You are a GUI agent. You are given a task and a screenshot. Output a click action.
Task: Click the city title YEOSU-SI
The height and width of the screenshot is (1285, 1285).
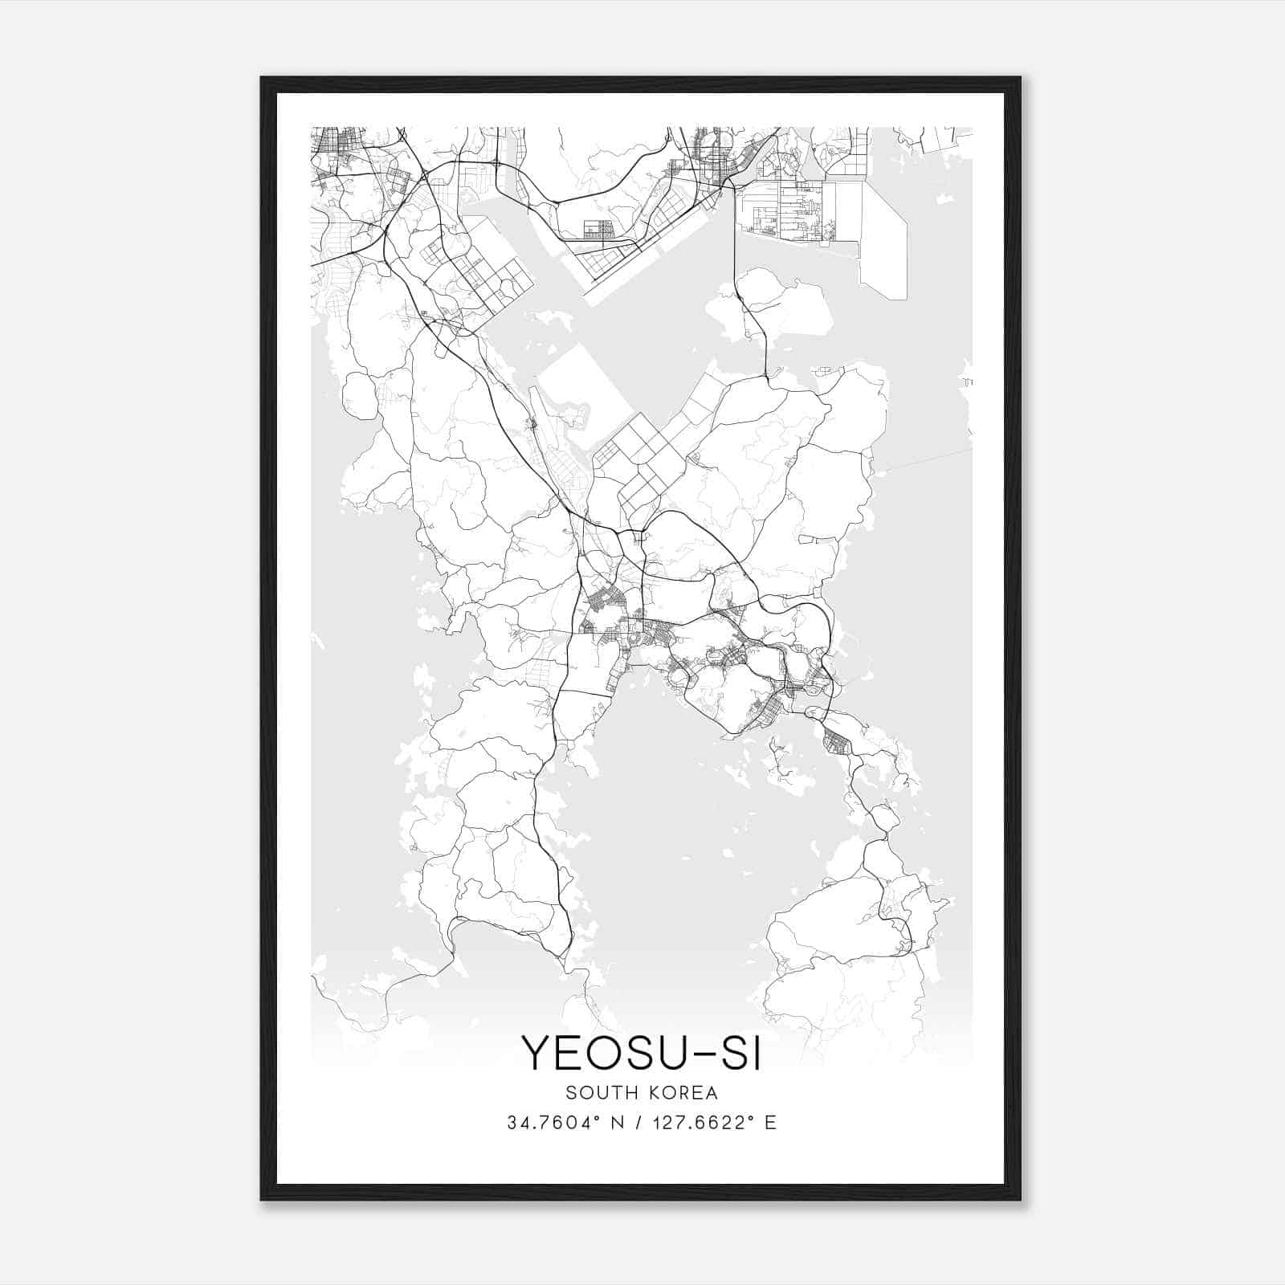(x=641, y=1052)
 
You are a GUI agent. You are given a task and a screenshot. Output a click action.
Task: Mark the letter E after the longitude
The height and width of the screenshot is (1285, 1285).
(x=771, y=1123)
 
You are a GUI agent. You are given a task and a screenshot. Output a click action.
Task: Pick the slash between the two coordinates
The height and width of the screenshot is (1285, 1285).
(x=639, y=1123)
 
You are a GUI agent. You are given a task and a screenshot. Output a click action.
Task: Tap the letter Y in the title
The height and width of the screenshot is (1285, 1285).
(x=536, y=1052)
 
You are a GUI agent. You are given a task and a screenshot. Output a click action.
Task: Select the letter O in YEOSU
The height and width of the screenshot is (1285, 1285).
(x=609, y=1052)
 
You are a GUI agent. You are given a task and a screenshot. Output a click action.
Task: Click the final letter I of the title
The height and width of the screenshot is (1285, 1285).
(x=755, y=1052)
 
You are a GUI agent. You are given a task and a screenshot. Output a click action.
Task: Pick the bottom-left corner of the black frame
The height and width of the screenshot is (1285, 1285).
(x=262, y=1199)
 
